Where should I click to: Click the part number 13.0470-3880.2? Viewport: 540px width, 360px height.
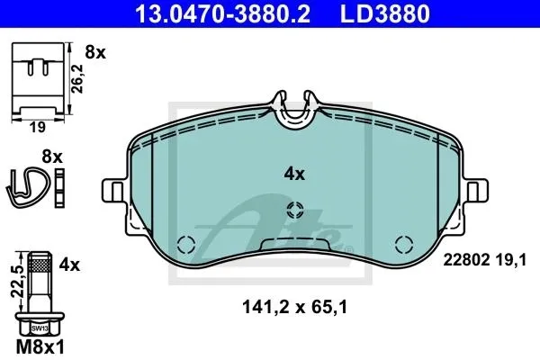click(222, 13)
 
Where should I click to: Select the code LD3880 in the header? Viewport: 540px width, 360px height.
click(385, 13)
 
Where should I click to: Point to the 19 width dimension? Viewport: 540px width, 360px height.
click(37, 127)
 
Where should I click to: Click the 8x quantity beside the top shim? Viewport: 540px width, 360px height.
click(95, 53)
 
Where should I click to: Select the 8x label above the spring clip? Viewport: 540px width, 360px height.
click(52, 157)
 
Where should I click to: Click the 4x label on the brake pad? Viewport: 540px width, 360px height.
click(294, 175)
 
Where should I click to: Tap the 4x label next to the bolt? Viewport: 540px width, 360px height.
click(69, 265)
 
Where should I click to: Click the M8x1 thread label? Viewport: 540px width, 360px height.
click(40, 347)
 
